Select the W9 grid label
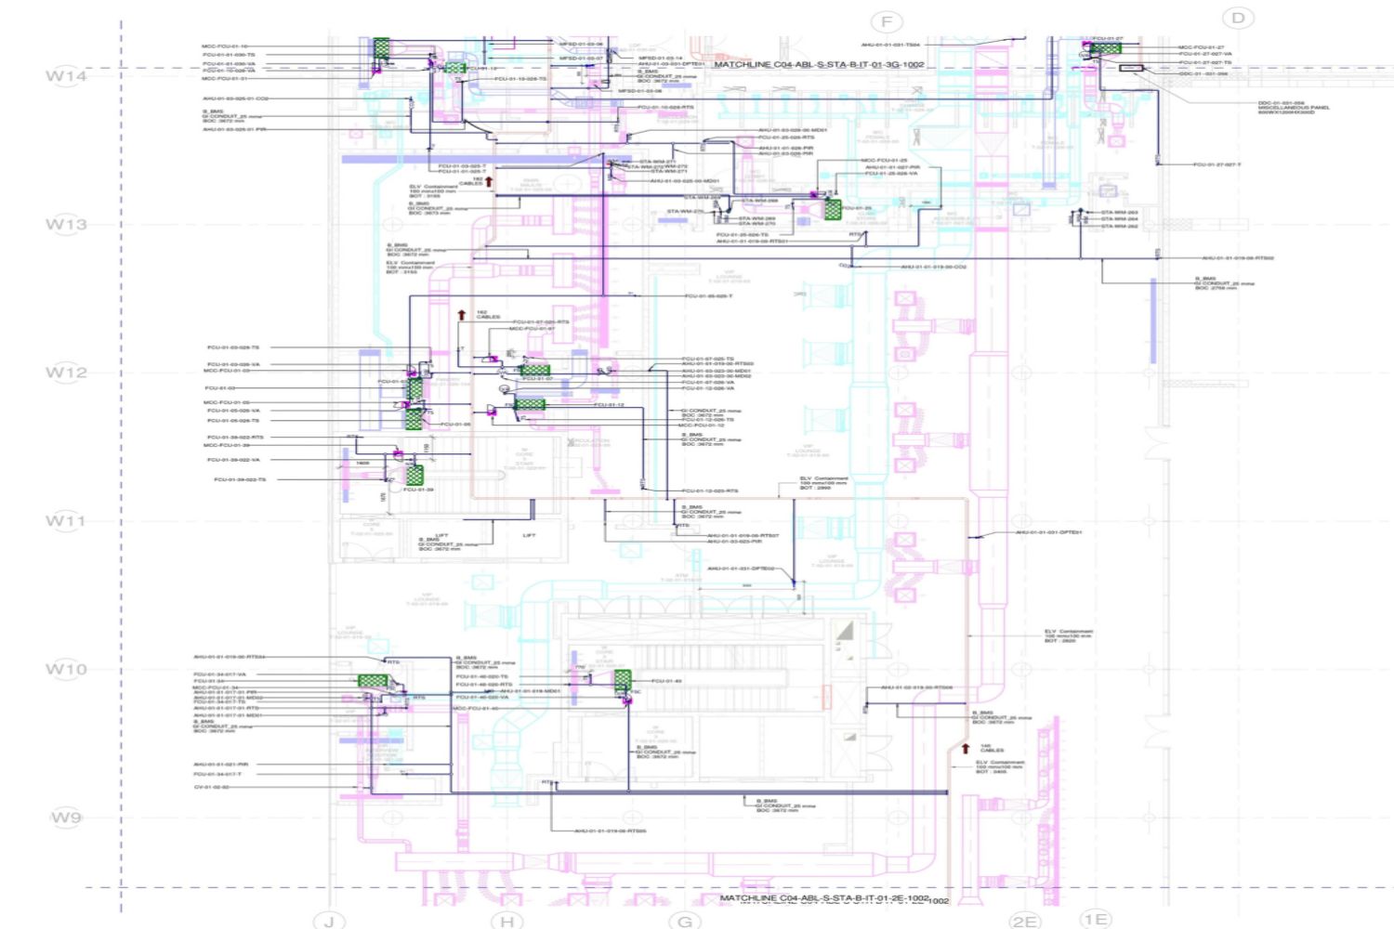click(65, 818)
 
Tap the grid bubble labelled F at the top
click(886, 21)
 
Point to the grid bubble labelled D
click(1237, 18)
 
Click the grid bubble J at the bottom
click(328, 921)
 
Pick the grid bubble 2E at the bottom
click(1024, 921)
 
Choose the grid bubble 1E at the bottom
click(1096, 919)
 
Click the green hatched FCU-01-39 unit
click(414, 475)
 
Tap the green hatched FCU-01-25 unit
click(833, 208)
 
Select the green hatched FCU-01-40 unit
click(622, 680)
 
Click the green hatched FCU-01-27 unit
click(1106, 47)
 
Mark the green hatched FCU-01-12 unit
click(530, 404)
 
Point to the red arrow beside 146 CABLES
click(965, 749)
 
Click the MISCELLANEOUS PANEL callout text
click(1293, 108)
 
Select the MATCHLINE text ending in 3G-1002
click(819, 65)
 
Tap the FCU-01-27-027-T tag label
click(1216, 164)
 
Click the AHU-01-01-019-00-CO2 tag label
click(933, 267)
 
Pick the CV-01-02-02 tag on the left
click(211, 787)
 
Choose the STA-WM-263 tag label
click(1119, 213)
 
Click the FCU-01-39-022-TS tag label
click(240, 479)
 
